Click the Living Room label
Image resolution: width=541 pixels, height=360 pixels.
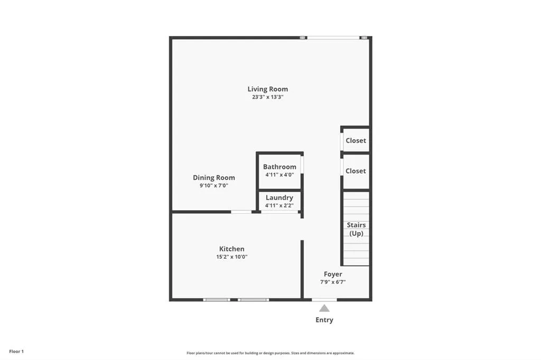coord(268,89)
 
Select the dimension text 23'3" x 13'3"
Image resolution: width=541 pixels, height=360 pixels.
coord(268,97)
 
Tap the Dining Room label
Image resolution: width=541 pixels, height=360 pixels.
coord(213,178)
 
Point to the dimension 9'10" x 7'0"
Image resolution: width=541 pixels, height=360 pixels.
coord(213,186)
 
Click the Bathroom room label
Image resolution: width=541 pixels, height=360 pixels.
coord(279,167)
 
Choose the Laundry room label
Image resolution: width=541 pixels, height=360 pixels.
coord(279,197)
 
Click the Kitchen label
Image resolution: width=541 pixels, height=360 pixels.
coord(232,249)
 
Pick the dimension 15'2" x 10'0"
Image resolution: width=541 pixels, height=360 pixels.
coord(232,257)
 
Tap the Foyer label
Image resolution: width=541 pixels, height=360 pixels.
coord(333,274)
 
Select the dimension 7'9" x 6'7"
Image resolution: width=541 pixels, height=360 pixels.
coord(333,282)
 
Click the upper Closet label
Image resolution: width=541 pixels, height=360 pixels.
coord(356,141)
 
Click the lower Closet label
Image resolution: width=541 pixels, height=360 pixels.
coord(356,171)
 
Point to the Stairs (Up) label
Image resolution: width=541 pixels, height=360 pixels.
coord(356,229)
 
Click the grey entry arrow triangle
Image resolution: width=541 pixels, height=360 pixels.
coord(324,308)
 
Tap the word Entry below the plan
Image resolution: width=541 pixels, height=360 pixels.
coord(324,320)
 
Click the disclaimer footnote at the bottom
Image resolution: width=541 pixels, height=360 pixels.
coord(270,353)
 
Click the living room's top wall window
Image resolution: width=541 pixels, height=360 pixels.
coord(333,37)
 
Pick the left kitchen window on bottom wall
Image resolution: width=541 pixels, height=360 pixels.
coord(217,300)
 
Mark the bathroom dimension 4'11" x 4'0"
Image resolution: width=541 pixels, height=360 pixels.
coord(279,175)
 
